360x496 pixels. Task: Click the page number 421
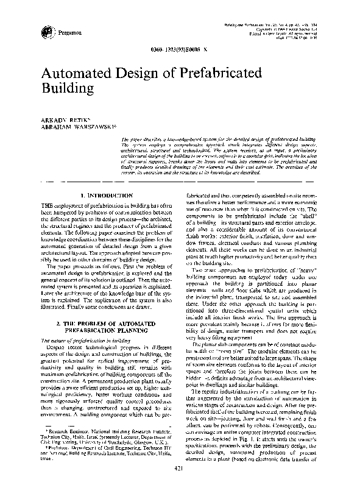pos(179,484)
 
